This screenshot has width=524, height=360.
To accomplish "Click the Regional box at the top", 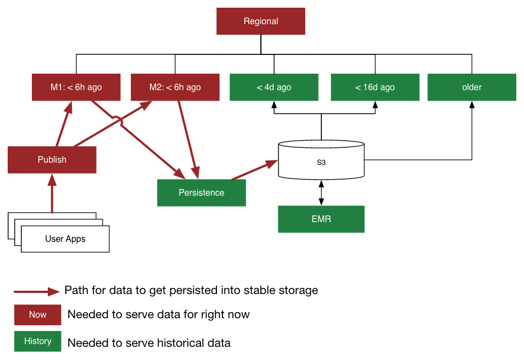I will [x=261, y=21].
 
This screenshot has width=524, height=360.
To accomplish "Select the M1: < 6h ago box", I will [x=76, y=87].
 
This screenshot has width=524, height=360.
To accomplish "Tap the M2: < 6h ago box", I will [x=175, y=87].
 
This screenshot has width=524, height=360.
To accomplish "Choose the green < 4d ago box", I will [x=274, y=87].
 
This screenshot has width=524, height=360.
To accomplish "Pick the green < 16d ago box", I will [x=375, y=87].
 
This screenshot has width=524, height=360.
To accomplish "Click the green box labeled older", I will [x=472, y=87].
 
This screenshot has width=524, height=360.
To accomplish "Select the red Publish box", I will [x=52, y=160].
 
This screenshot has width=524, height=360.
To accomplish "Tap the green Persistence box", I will [x=202, y=193].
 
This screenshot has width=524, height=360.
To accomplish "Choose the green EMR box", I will [x=321, y=219].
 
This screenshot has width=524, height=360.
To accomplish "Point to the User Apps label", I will [x=65, y=239].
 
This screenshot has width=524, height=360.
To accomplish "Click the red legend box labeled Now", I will [x=38, y=315].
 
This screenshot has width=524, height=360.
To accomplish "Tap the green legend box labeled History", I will [x=38, y=341].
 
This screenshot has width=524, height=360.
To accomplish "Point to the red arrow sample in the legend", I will [x=36, y=291].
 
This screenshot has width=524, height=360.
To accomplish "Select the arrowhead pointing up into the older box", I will [x=472, y=105].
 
